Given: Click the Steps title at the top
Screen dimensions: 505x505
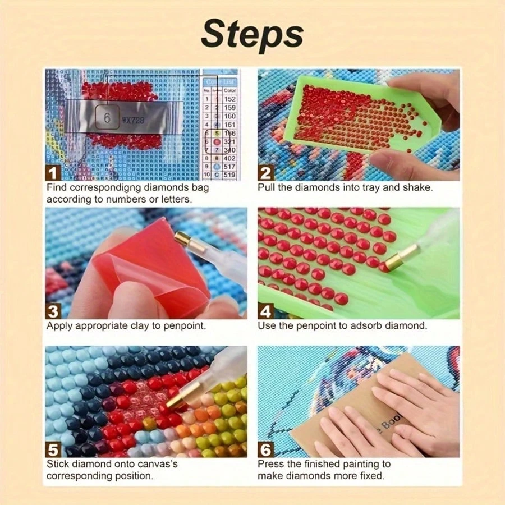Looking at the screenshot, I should pos(252,35).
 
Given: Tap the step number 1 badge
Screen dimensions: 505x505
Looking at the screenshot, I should pos(54,172).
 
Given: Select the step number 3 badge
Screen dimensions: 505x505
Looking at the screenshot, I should pos(54,310).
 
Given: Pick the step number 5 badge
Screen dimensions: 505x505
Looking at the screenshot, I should pos(54,449).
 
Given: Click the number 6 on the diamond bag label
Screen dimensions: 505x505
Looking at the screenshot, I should pos(107,118).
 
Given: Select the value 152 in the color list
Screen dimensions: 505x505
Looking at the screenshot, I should pos(230,99).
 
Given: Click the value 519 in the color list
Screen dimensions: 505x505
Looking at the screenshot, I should pos(230,175).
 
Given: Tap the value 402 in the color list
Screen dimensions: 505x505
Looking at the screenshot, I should pos(230,159).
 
